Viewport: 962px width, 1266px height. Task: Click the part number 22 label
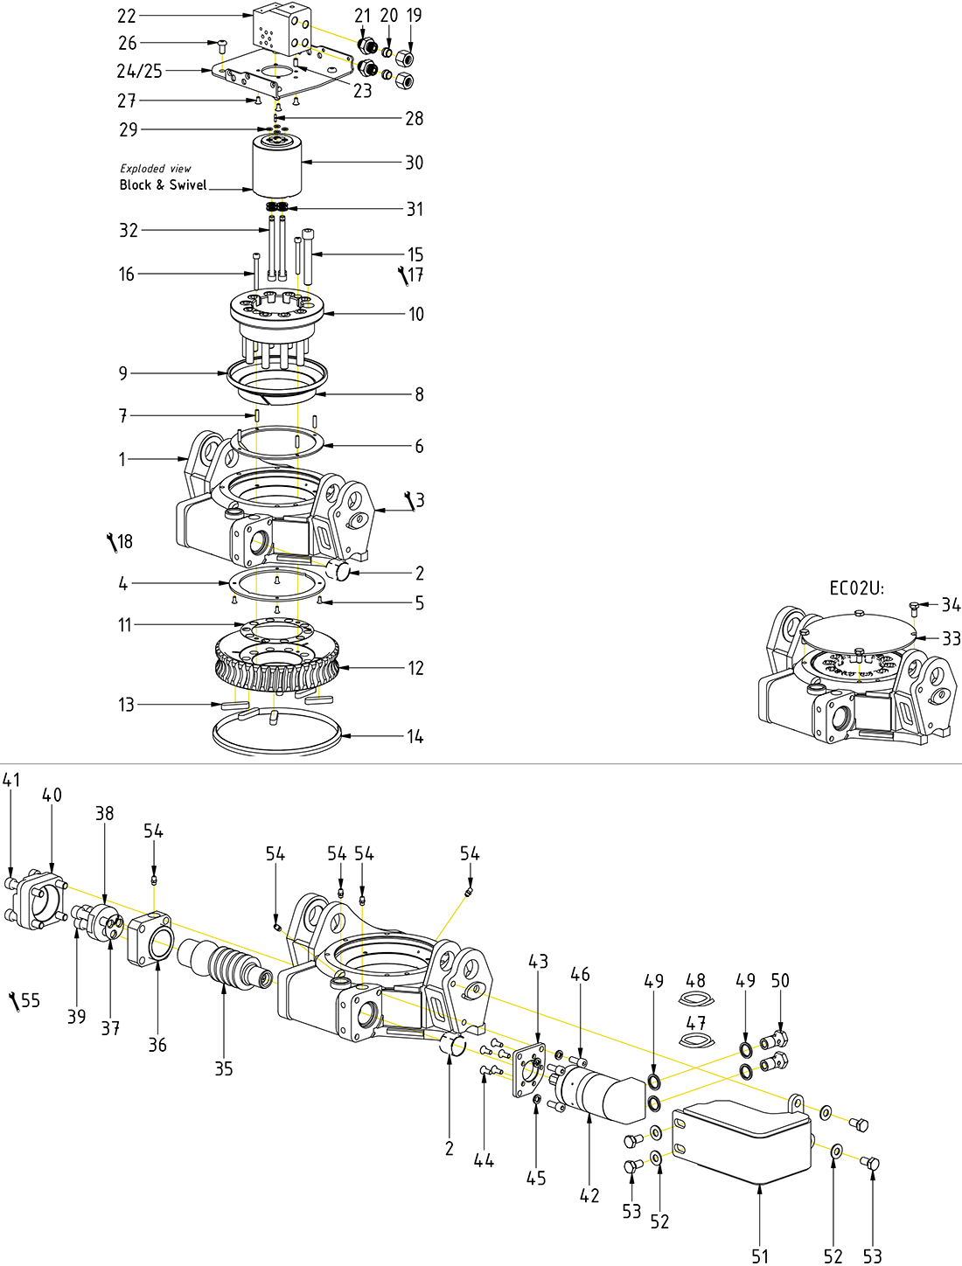(x=127, y=16)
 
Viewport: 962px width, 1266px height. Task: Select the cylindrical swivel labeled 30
(x=277, y=168)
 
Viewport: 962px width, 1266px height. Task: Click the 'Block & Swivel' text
(x=164, y=184)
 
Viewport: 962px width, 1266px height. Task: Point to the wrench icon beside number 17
(x=402, y=276)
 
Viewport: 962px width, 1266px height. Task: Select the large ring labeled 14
(x=276, y=734)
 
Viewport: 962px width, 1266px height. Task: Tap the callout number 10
(x=416, y=313)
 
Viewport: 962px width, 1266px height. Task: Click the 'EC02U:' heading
(x=856, y=588)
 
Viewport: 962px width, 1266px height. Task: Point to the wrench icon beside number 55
(x=14, y=1002)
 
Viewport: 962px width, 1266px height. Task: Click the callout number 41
(x=11, y=779)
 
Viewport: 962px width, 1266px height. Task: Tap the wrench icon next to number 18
(x=111, y=543)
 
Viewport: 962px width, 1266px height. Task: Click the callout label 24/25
(x=140, y=71)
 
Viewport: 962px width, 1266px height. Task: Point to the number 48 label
(x=695, y=980)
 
